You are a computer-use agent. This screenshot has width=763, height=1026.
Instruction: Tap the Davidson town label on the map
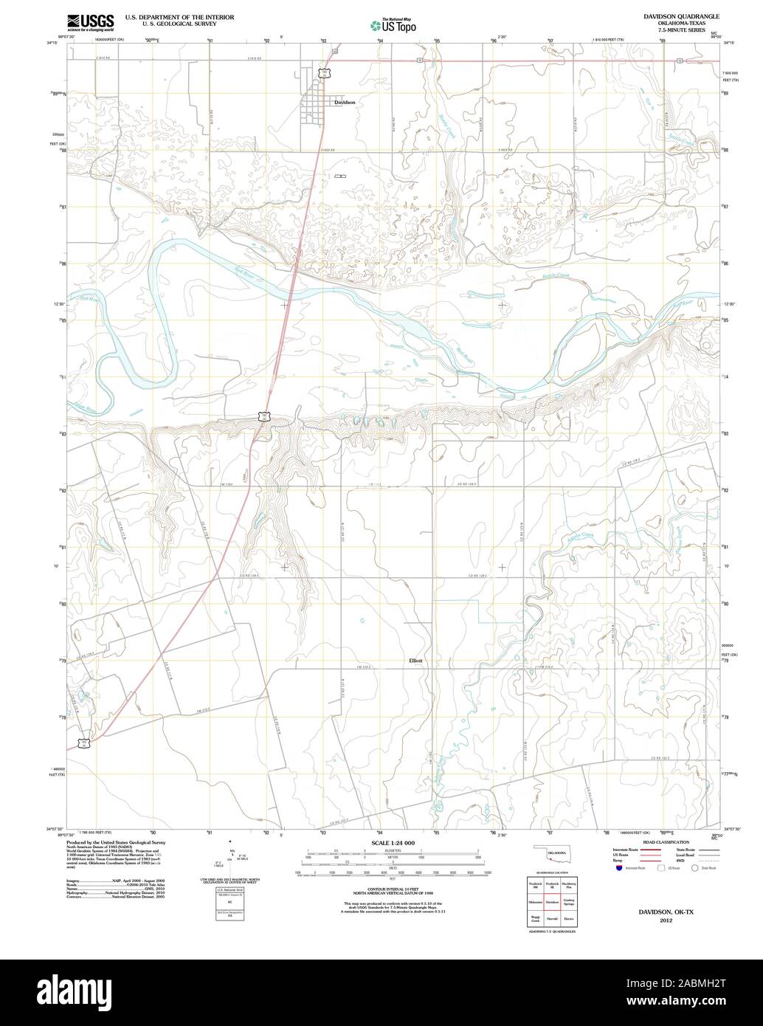pos(345,103)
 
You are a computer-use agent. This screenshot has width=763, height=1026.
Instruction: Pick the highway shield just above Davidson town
pos(323,72)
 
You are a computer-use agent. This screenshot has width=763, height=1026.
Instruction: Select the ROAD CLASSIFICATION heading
pos(666,842)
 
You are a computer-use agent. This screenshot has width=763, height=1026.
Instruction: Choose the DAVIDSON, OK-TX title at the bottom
pos(666,912)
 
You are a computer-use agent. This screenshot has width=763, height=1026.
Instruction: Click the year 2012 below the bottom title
pos(666,920)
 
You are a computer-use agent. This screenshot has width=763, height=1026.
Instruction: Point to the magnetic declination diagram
pos(229,856)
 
